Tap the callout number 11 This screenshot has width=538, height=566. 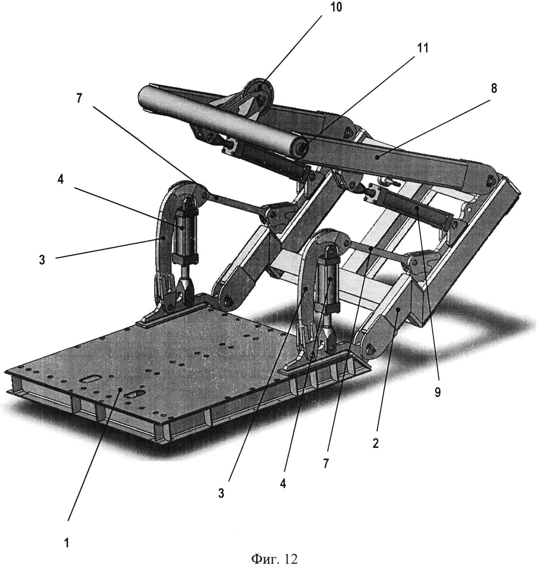tap(423, 48)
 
